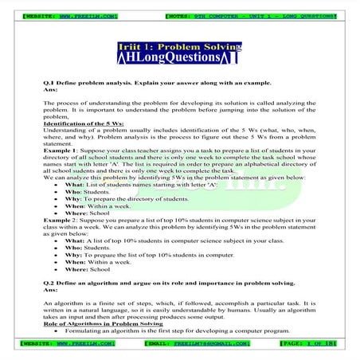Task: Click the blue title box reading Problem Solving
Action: coord(179,47)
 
